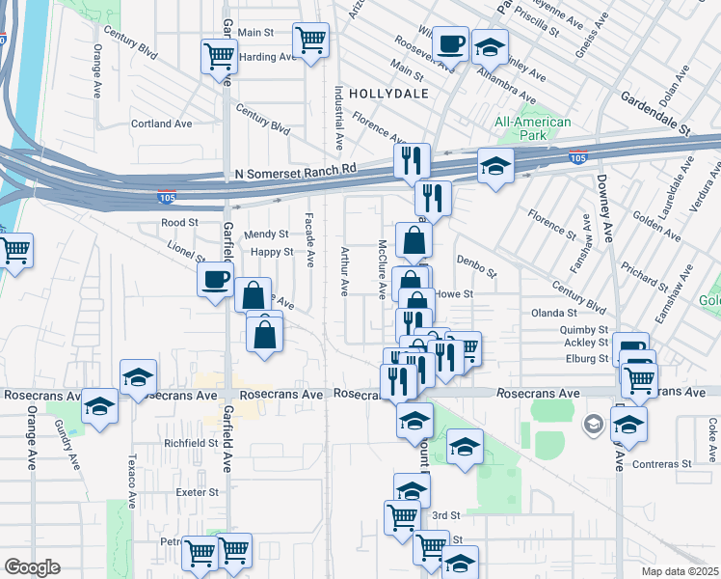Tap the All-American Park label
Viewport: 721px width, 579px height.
pyautogui.click(x=533, y=129)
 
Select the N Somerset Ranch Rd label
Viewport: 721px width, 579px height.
pyautogui.click(x=295, y=169)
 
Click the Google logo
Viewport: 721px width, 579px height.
pyautogui.click(x=32, y=567)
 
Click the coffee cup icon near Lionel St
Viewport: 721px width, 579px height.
pyautogui.click(x=215, y=280)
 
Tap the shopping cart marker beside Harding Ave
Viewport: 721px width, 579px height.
pyautogui.click(x=310, y=41)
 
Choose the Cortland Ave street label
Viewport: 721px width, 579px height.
pyautogui.click(x=162, y=124)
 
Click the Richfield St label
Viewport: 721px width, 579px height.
pyautogui.click(x=192, y=443)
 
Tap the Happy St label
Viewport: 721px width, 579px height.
pyautogui.click(x=272, y=252)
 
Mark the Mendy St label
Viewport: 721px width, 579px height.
pyautogui.click(x=266, y=234)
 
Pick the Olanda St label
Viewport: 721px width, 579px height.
pyautogui.click(x=554, y=313)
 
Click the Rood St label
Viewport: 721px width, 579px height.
pyautogui.click(x=179, y=222)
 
